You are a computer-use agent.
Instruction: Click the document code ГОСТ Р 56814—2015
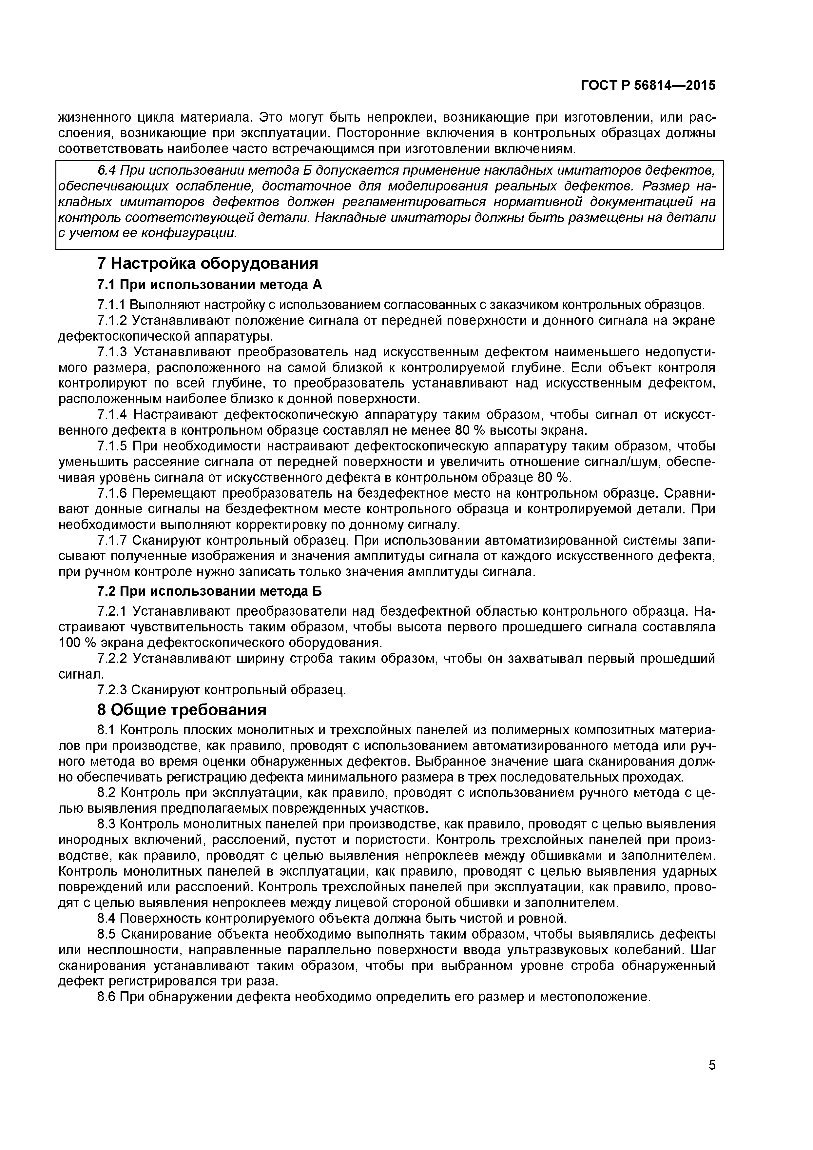pyautogui.click(x=648, y=86)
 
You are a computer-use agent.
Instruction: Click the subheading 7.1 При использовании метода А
pyautogui.click(x=210, y=285)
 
